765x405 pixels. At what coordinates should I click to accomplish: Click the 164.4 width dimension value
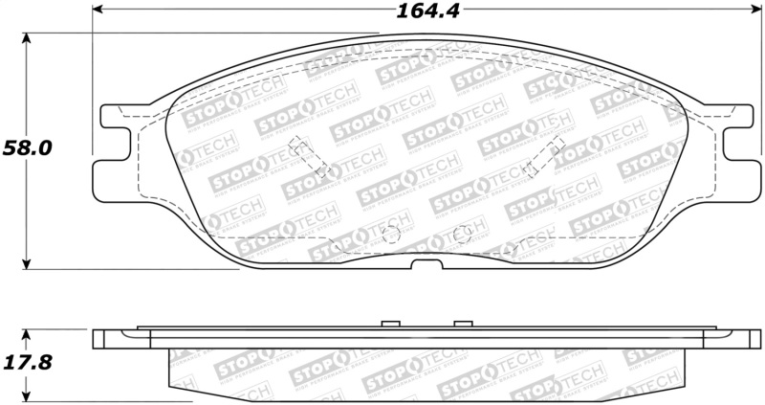(420, 12)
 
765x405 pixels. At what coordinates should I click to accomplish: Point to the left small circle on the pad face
(389, 235)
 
